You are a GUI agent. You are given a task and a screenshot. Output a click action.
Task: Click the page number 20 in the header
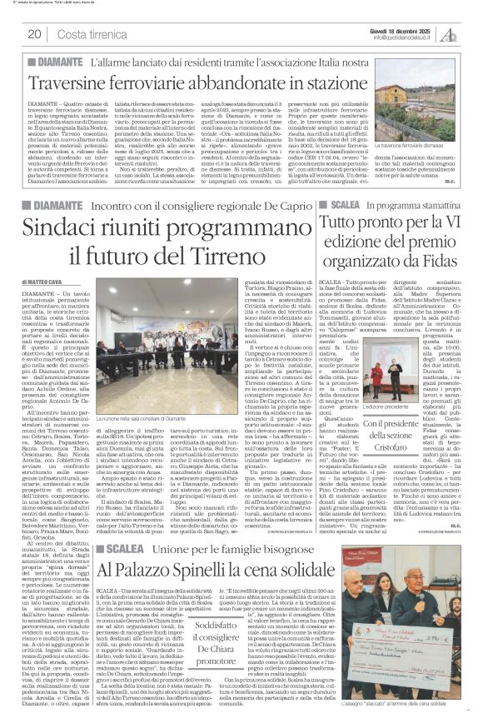(34, 33)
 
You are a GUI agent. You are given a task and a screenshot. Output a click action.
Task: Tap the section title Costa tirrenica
(91, 33)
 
